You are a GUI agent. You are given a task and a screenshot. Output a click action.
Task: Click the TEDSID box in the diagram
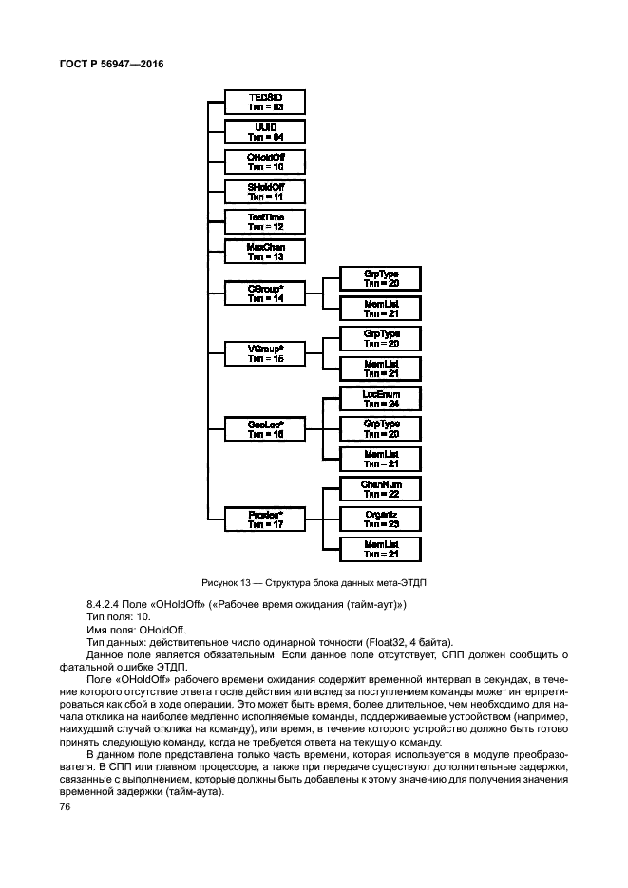(266, 103)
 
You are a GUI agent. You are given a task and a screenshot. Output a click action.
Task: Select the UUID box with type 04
(266, 132)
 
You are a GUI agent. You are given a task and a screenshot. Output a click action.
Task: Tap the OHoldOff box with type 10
(266, 161)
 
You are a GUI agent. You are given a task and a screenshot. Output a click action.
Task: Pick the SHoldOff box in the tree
(266, 192)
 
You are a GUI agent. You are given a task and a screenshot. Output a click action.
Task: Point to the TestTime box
(266, 221)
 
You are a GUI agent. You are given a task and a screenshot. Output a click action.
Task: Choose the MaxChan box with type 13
(266, 251)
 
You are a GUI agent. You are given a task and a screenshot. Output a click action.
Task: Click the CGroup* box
(266, 293)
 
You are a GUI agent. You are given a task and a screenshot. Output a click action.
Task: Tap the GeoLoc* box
(266, 428)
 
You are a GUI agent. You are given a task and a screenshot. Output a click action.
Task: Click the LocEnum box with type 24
(381, 398)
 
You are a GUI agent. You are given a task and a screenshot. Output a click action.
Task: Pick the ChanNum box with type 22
(381, 488)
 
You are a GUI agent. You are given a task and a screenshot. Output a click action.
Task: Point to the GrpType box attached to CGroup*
(381, 277)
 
